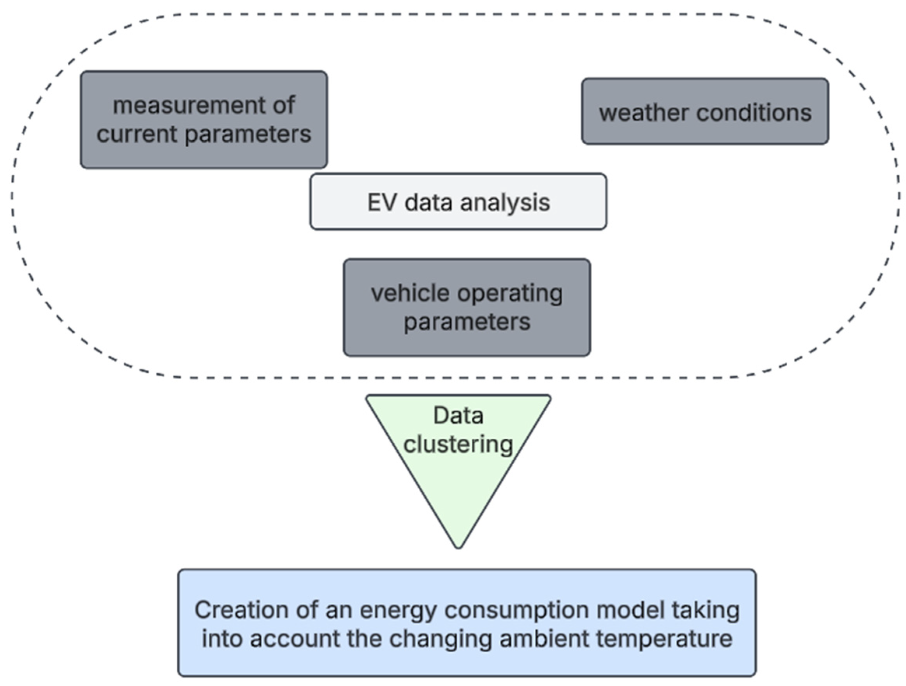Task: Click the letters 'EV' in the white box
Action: tap(381, 202)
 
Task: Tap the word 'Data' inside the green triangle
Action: tap(458, 415)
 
